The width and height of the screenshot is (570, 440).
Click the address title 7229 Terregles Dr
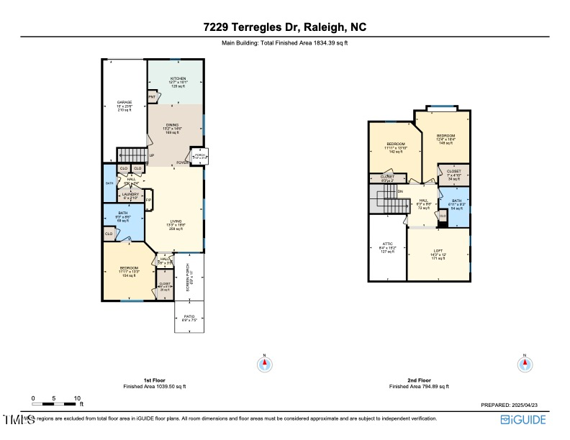coord(285,28)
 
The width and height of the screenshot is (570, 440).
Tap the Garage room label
coord(125,106)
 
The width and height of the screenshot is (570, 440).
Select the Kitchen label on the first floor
coord(178,82)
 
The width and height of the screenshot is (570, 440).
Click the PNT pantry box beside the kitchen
coord(152,96)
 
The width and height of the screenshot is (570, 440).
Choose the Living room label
coord(176,224)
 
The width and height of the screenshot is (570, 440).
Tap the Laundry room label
coord(130,195)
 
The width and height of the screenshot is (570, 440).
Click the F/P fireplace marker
coord(148,200)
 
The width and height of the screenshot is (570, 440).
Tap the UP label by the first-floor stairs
coord(151,155)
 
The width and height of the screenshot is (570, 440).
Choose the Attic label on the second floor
coord(387,249)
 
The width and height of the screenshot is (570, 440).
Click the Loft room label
coord(438,255)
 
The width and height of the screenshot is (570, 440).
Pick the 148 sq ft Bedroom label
coord(445,139)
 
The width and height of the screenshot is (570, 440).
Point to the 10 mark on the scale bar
coord(77,398)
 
